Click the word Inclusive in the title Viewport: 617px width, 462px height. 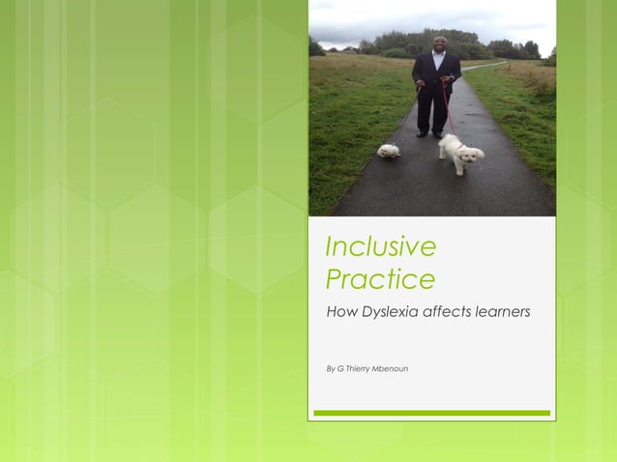click(380, 247)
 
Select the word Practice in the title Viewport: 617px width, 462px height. click(380, 280)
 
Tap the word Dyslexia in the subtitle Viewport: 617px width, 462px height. click(397, 311)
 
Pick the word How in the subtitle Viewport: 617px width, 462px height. click(341, 311)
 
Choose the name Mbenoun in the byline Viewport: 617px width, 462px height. click(389, 368)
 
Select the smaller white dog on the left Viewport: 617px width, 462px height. click(389, 151)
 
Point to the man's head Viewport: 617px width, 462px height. click(437, 43)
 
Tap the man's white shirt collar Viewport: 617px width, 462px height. click(437, 55)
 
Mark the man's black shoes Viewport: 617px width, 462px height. click(429, 133)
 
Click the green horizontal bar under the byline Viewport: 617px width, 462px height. click(431, 413)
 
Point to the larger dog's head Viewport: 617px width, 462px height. click(474, 153)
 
